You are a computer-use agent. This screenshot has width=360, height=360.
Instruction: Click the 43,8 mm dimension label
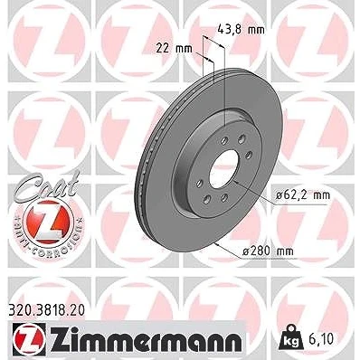(x=241, y=30)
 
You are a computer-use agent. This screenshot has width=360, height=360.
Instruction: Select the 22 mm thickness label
(x=174, y=49)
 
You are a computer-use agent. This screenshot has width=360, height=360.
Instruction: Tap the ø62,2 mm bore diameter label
(x=303, y=195)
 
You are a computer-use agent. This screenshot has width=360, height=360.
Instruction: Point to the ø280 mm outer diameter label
(x=268, y=251)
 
